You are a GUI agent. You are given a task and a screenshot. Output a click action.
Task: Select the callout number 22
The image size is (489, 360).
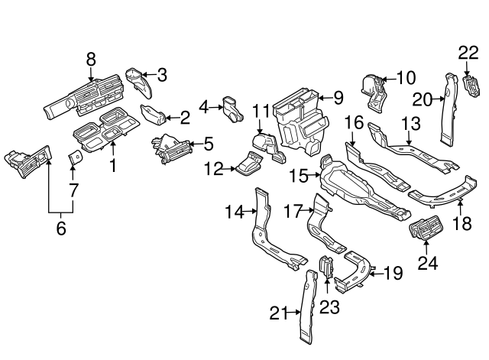coord(468,52)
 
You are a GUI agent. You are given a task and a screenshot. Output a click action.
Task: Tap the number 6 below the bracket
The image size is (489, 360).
coord(61,227)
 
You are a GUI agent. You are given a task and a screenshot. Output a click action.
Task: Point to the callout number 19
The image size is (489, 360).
coord(392,272)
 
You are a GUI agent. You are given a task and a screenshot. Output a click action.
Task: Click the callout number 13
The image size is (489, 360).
coord(410,122)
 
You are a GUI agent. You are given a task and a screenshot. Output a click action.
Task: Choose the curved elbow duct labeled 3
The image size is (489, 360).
coord(138,79)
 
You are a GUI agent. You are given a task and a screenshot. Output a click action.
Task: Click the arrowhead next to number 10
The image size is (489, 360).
coord(384,78)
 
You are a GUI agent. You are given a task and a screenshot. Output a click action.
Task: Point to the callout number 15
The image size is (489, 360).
coord(300,177)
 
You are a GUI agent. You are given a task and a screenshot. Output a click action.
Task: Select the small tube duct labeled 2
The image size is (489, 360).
coord(155,117)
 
